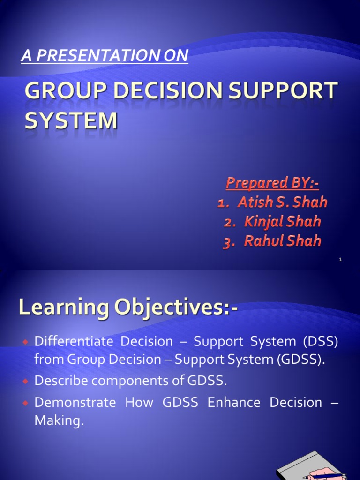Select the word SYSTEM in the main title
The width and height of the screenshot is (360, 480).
click(71, 120)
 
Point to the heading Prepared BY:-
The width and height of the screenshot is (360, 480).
click(272, 183)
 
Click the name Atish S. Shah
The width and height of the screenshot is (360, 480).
click(282, 202)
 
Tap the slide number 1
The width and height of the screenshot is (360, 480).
click(341, 259)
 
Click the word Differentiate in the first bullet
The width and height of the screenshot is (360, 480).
click(74, 341)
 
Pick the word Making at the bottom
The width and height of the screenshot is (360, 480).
click(59, 420)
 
